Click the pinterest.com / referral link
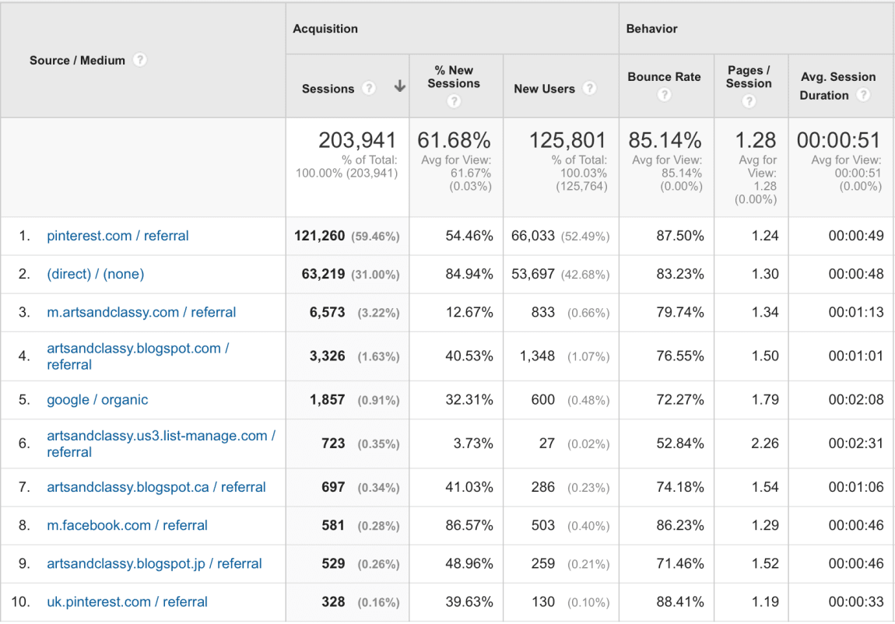click(x=118, y=236)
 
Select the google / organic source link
click(x=97, y=400)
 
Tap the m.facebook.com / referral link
click(x=127, y=525)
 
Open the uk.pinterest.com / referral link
click(x=127, y=602)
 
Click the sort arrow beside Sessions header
click(x=400, y=87)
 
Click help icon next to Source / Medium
click(x=139, y=60)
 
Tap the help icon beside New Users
click(x=589, y=88)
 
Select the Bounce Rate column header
click(x=664, y=77)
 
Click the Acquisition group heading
click(x=325, y=29)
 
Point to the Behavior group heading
click(x=652, y=29)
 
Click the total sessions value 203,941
click(x=357, y=140)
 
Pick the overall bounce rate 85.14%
click(x=665, y=140)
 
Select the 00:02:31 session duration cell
click(x=855, y=443)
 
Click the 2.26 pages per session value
click(x=765, y=443)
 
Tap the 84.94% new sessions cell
click(x=469, y=274)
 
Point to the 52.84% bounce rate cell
click(x=679, y=443)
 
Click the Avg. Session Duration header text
click(x=838, y=86)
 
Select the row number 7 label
click(x=24, y=487)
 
